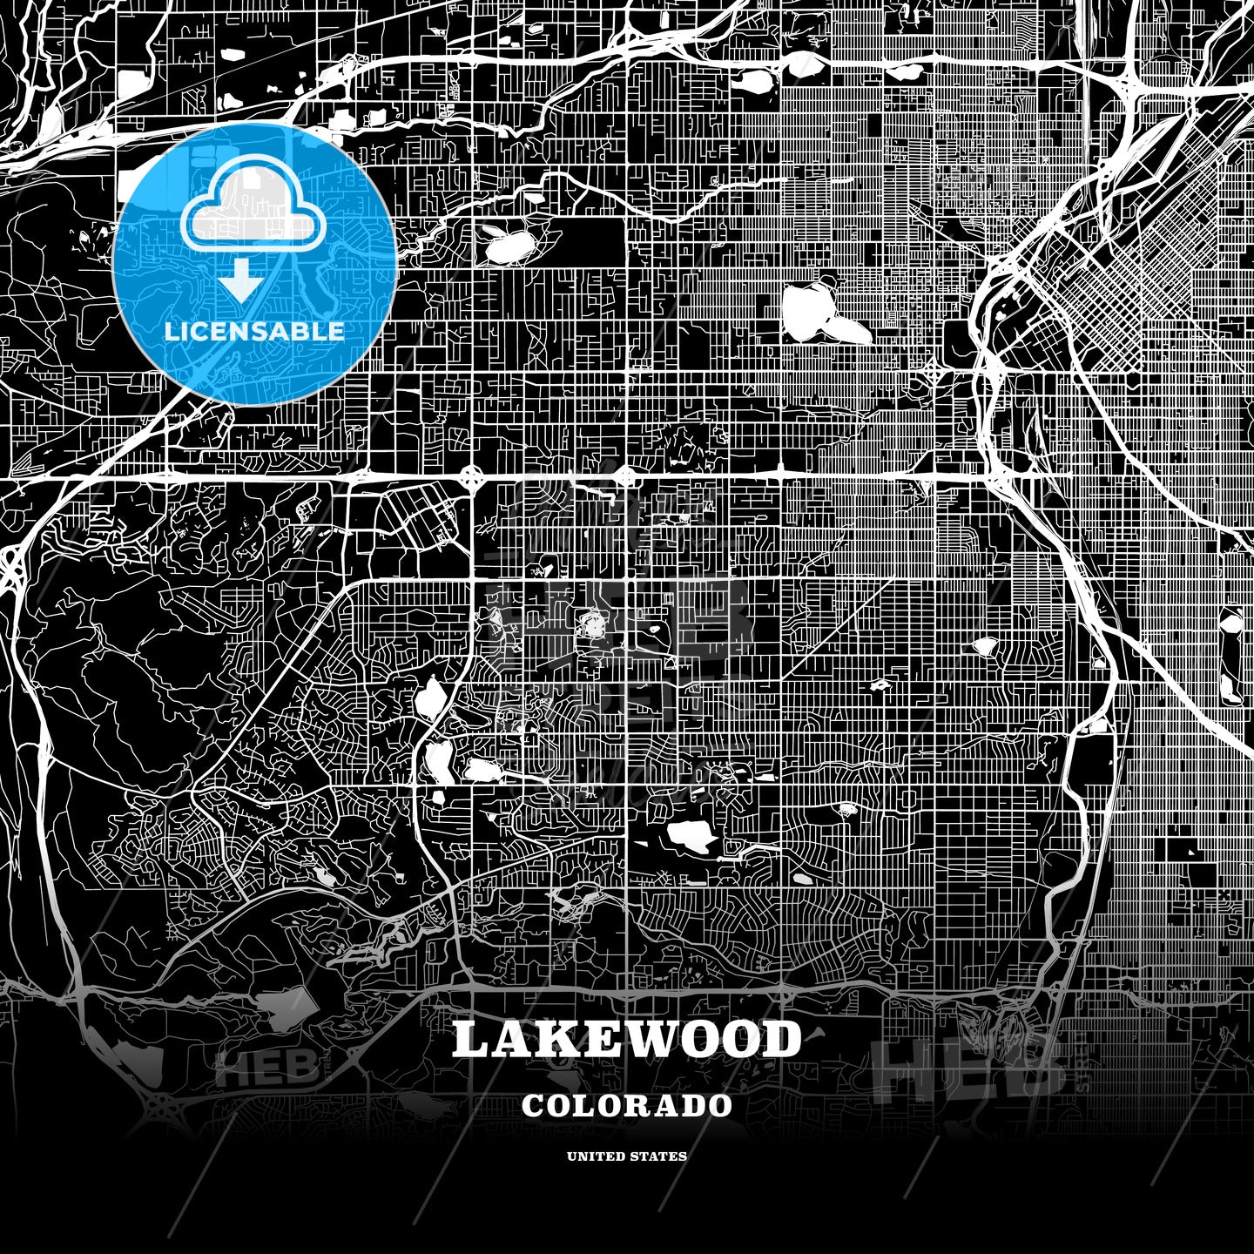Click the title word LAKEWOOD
(x=626, y=1040)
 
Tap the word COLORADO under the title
(x=627, y=1105)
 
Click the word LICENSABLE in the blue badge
(x=253, y=331)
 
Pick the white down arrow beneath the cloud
(x=241, y=284)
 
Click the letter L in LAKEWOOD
(x=471, y=1040)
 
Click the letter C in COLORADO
(x=534, y=1105)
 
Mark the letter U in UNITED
(x=572, y=1156)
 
